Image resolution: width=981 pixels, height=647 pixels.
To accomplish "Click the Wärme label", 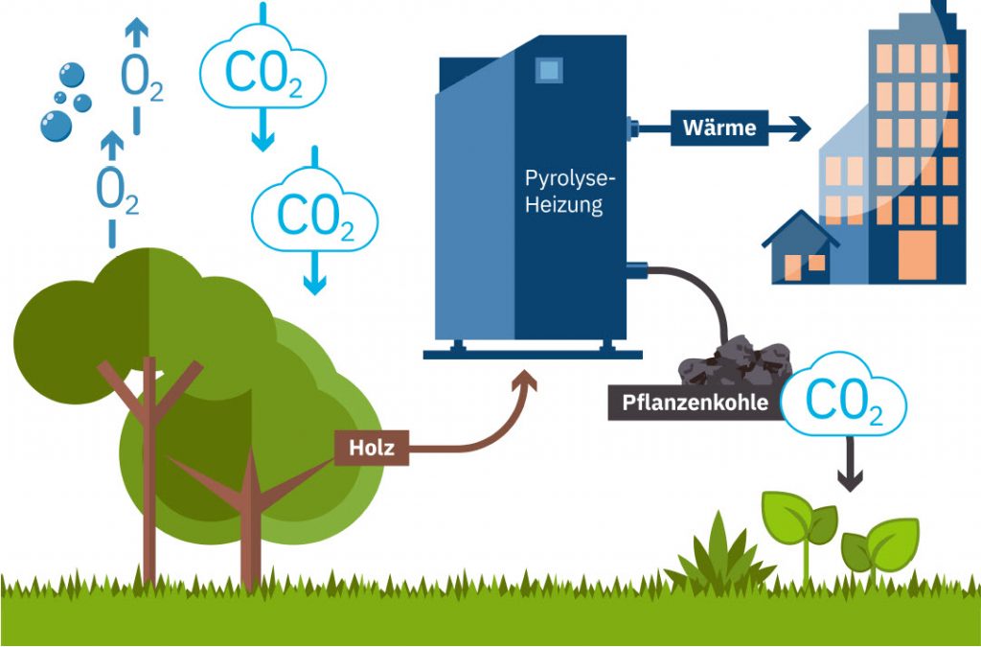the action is [719, 127].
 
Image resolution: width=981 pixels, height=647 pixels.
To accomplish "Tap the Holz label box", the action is [371, 448].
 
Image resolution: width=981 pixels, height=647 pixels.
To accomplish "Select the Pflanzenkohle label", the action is [696, 403].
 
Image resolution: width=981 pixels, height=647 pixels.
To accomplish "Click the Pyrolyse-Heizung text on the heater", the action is [565, 192].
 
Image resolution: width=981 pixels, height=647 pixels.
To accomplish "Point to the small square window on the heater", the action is [548, 69].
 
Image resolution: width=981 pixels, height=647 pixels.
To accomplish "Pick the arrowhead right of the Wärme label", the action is [800, 128].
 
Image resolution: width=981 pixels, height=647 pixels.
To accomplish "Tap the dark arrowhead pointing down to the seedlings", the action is [850, 480].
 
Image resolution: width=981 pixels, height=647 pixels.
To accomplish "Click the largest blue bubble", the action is [56, 126].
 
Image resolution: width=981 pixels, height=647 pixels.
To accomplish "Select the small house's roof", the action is [800, 228].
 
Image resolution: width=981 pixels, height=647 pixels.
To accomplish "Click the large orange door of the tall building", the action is [917, 255].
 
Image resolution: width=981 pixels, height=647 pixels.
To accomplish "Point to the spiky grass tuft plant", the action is [719, 555].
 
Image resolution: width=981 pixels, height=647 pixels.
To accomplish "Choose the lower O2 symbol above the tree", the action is [116, 191].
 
